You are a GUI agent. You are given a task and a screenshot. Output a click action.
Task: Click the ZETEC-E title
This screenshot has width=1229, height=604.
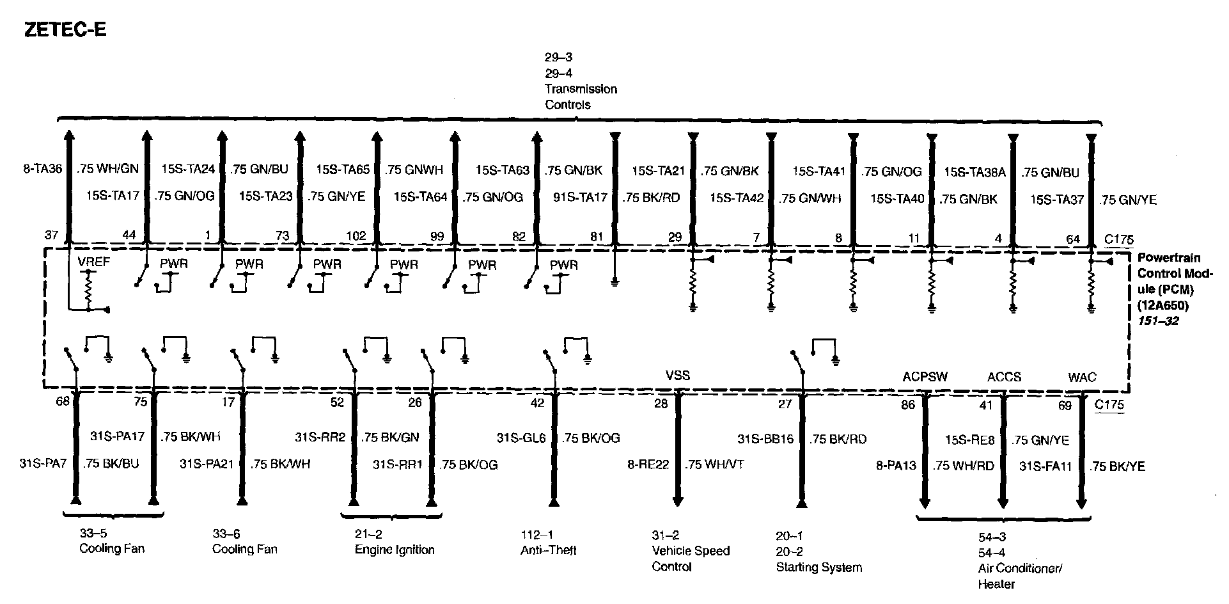click(65, 29)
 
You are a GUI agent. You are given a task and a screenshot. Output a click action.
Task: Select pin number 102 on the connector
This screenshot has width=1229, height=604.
click(356, 235)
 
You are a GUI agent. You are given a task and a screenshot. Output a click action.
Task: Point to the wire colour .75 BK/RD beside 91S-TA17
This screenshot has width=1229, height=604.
click(652, 198)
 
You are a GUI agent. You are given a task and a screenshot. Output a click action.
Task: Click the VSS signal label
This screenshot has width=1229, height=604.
click(678, 375)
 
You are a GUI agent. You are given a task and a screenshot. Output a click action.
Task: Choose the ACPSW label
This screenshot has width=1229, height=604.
click(925, 376)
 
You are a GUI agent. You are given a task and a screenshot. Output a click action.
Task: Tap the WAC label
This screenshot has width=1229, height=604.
click(1082, 377)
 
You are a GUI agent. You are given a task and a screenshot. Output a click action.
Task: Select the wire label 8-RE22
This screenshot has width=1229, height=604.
click(648, 465)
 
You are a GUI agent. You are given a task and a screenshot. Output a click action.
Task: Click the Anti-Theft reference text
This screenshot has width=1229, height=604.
click(548, 550)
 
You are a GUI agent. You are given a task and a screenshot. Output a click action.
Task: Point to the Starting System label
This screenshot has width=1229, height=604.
click(818, 567)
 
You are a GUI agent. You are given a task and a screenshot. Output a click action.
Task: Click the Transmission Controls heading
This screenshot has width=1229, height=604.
click(581, 97)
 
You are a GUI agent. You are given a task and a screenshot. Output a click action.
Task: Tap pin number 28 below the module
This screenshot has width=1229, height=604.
click(661, 403)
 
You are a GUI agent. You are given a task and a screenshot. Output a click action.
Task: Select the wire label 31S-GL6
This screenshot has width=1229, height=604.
click(521, 438)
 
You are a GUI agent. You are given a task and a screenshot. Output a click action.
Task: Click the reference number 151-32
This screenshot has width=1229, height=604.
click(1157, 321)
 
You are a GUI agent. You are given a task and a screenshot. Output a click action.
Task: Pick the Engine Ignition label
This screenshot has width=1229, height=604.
click(395, 550)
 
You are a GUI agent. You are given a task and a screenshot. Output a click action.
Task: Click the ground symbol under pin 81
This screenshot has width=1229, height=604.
click(615, 280)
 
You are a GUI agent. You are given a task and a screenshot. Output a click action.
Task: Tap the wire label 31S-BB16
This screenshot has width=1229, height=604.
click(765, 439)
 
